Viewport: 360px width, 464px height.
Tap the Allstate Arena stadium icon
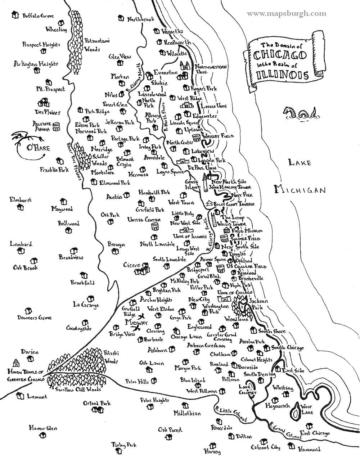pos(56,126)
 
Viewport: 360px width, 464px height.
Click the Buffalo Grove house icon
pos(15,15)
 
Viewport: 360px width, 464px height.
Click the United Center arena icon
pos(156,227)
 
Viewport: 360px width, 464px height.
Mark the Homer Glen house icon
pos(42,436)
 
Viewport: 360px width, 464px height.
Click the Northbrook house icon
pos(121,18)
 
